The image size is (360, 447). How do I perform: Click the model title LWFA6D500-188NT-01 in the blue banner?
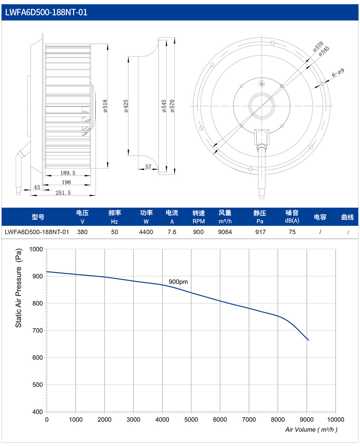pyautogui.click(x=46, y=12)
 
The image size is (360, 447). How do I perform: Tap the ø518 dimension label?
pyautogui.click(x=106, y=106)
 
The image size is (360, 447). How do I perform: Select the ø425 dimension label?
pyautogui.click(x=126, y=106)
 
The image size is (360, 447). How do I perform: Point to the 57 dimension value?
pyautogui.click(x=148, y=167)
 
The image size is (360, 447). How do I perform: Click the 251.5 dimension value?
pyautogui.click(x=63, y=193)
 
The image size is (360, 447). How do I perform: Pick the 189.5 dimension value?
pyautogui.click(x=68, y=173)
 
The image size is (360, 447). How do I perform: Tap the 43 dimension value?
pyautogui.click(x=37, y=187)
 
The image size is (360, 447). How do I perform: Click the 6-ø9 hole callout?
pyautogui.click(x=338, y=73)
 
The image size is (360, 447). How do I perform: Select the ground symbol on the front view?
pyautogui.click(x=262, y=84)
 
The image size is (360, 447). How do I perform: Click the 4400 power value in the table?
pyautogui.click(x=146, y=232)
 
